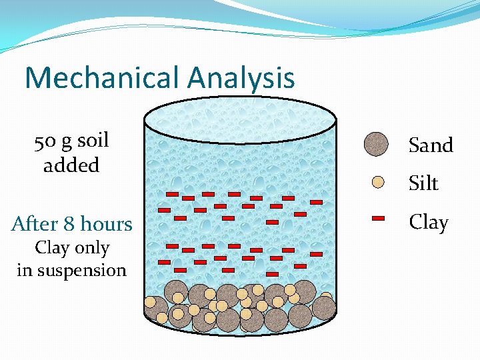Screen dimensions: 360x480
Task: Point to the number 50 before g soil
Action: [x=45, y=141]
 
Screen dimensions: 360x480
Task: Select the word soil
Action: [x=93, y=141]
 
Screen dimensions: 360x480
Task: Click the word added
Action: [x=71, y=165]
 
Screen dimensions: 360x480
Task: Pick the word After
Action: [x=35, y=224]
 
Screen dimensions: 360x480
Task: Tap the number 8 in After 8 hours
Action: [x=70, y=224]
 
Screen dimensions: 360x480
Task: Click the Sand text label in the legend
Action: [x=431, y=145]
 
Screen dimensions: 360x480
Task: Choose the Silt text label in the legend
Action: [x=423, y=183]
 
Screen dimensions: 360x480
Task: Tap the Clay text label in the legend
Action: [x=428, y=222]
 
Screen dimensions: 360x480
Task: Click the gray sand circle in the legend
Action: [x=377, y=144]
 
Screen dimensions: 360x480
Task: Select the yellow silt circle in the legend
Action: [x=378, y=182]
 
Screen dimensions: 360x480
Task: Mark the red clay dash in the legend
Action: [x=378, y=218]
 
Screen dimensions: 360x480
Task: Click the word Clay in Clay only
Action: [x=51, y=248]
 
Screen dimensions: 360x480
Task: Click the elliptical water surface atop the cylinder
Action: [x=240, y=120]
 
